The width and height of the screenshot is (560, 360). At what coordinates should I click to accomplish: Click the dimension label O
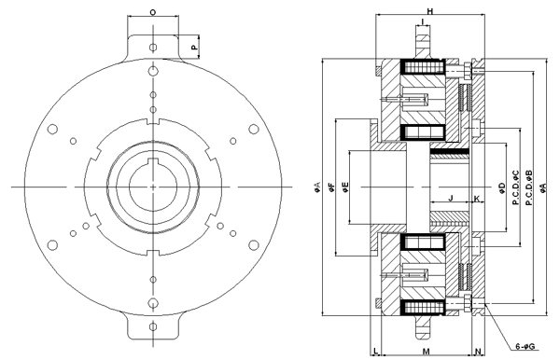(x=153, y=12)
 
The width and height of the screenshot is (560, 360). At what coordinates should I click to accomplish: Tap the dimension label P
(x=194, y=47)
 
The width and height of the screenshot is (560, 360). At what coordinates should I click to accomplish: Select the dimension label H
(x=430, y=11)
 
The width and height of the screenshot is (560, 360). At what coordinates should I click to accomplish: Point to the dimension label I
(x=423, y=22)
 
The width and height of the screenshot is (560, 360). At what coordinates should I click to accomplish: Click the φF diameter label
(x=331, y=187)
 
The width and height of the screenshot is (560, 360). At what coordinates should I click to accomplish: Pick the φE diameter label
(x=345, y=187)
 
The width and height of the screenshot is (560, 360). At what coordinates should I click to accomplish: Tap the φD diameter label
(x=501, y=187)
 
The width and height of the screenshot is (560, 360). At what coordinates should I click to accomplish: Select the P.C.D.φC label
(x=516, y=187)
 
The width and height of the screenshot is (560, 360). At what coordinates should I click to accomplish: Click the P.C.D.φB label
(x=529, y=187)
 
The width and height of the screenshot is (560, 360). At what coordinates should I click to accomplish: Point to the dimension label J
(x=451, y=198)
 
